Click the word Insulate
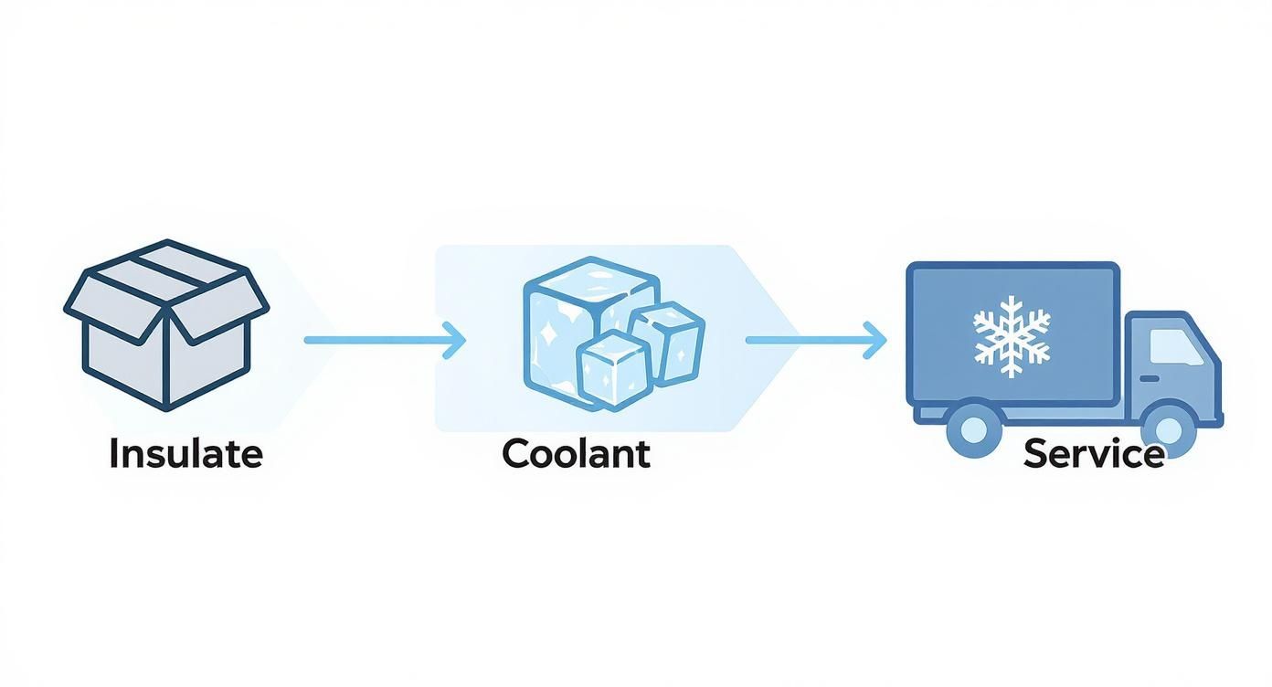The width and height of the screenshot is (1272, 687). (x=185, y=454)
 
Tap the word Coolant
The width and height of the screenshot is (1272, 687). (x=576, y=454)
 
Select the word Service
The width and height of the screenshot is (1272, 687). (x=1094, y=454)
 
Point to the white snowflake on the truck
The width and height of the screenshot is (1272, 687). (x=1012, y=335)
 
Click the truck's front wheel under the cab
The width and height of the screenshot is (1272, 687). (x=1169, y=428)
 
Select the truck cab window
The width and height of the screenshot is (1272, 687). (x=1176, y=348)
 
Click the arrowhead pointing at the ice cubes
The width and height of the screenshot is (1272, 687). (x=455, y=340)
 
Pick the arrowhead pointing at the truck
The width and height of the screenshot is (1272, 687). (x=876, y=340)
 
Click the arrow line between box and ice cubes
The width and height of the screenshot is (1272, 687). (x=375, y=340)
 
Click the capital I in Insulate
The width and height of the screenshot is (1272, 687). (x=114, y=454)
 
